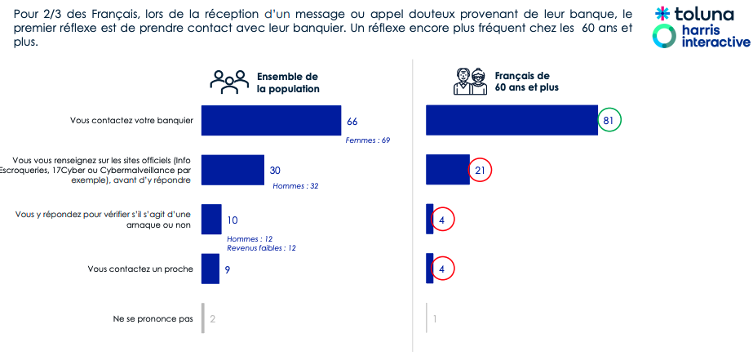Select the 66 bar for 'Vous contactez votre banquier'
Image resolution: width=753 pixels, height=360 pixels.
click(271, 121)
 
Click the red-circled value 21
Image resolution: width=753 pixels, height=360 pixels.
click(481, 171)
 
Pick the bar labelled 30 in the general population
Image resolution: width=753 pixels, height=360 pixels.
click(233, 170)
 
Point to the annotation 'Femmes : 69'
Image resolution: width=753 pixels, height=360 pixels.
click(368, 140)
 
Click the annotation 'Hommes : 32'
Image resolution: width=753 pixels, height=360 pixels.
click(295, 186)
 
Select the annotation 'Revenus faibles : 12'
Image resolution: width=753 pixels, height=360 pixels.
click(261, 247)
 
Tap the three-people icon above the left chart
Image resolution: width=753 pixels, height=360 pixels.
click(229, 81)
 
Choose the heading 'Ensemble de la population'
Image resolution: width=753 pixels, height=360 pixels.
click(288, 82)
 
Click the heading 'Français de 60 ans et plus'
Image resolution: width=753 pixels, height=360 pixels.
click(527, 82)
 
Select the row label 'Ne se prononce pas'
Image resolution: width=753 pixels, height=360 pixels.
click(153, 318)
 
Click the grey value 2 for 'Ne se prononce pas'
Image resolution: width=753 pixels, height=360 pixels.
click(213, 318)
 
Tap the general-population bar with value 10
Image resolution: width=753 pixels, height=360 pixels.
click(211, 220)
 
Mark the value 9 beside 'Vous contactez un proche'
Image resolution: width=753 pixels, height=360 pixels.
click(228, 269)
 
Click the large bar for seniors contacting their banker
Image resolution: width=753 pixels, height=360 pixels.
click(512, 121)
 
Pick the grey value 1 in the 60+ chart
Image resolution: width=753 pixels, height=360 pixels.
click(435, 318)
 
